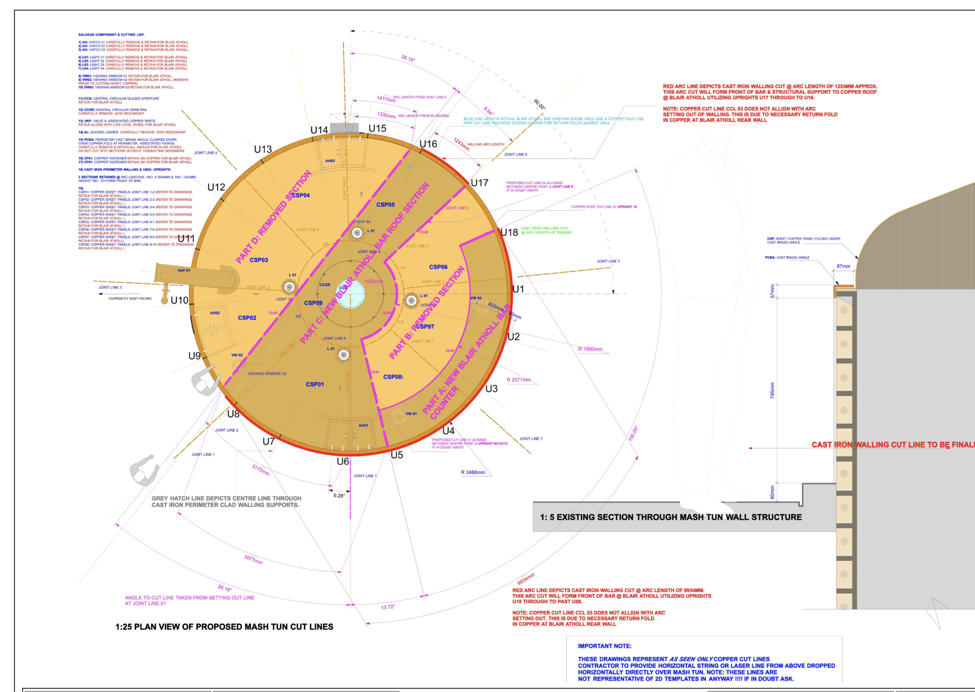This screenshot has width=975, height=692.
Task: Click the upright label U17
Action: pyautogui.click(x=479, y=183)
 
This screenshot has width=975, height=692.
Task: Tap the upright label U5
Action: pyautogui.click(x=397, y=455)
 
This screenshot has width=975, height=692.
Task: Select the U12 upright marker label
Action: pyautogui.click(x=216, y=187)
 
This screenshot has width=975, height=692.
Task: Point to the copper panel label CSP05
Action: pyautogui.click(x=385, y=205)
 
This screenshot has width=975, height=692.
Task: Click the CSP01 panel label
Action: pyautogui.click(x=315, y=384)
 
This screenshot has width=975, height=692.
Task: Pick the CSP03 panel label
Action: pyautogui.click(x=259, y=260)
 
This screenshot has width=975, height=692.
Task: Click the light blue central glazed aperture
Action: pyautogui.click(x=351, y=294)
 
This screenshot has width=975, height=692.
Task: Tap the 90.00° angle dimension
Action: pyautogui.click(x=539, y=104)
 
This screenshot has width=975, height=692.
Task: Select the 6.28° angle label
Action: pyautogui.click(x=339, y=495)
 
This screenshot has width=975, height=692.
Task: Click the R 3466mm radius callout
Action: pyautogui.click(x=473, y=472)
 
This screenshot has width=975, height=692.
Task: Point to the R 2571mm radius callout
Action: pyautogui.click(x=518, y=380)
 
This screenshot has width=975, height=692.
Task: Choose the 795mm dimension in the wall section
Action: pyautogui.click(x=772, y=390)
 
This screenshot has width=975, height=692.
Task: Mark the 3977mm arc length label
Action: pyautogui.click(x=253, y=559)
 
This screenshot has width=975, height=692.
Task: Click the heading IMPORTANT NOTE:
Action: pyautogui.click(x=604, y=646)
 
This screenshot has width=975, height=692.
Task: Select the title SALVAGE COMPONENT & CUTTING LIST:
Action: pyautogui.click(x=111, y=34)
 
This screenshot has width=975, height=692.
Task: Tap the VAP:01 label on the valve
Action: pyautogui.click(x=184, y=271)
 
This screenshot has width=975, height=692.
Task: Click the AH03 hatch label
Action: pyautogui.click(x=330, y=161)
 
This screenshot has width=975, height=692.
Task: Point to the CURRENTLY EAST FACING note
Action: pyautogui.click(x=129, y=298)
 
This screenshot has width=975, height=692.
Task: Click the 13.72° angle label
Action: pyautogui.click(x=388, y=607)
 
